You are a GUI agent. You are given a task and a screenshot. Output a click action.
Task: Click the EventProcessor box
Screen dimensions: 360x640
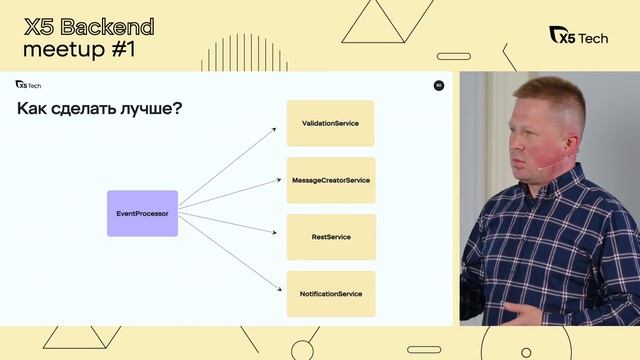(x=142, y=213)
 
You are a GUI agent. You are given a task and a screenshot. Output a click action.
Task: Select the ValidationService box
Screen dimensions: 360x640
(x=330, y=123)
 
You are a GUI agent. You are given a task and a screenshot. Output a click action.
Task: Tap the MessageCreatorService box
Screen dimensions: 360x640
(x=330, y=180)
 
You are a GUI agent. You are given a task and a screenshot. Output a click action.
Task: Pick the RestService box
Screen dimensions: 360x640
(x=330, y=237)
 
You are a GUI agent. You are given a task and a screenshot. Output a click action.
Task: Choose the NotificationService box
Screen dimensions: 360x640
(x=330, y=294)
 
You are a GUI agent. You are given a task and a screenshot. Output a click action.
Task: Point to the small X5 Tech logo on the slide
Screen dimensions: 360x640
(x=27, y=85)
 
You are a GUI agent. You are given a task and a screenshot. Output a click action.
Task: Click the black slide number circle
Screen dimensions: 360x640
(x=439, y=85)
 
